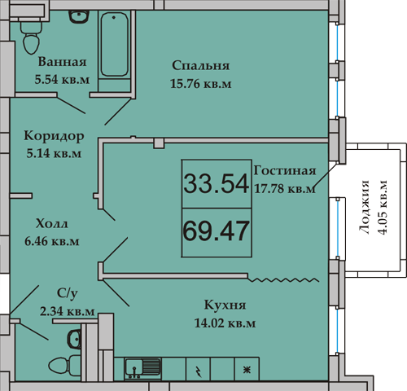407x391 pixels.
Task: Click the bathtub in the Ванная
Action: pyautogui.click(x=114, y=44)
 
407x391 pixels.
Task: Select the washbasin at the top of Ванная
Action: pyautogui.click(x=79, y=17)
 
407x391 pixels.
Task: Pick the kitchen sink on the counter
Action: pyautogui.click(x=142, y=368)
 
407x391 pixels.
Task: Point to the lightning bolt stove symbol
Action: pyautogui.click(x=198, y=371)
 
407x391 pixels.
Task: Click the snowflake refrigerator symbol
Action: pyautogui.click(x=247, y=370)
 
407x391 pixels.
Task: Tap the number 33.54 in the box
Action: pyautogui.click(x=216, y=183)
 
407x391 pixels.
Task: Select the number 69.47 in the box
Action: pyautogui.click(x=216, y=231)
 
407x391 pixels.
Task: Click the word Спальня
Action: pyautogui.click(x=201, y=66)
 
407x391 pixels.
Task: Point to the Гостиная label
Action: pyautogui.click(x=285, y=171)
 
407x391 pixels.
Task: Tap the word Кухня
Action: pyautogui.click(x=225, y=305)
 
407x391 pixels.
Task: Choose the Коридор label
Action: pyautogui.click(x=54, y=136)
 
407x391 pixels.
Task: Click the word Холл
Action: pyautogui.click(x=51, y=224)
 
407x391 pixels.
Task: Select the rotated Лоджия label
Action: pyautogui.click(x=365, y=207)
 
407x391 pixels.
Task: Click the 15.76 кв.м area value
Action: pyautogui.click(x=201, y=84)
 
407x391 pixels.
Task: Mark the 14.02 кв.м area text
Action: pyautogui.click(x=225, y=323)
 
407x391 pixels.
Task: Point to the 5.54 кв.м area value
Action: pyautogui.click(x=62, y=79)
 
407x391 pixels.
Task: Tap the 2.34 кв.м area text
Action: pyautogui.click(x=68, y=311)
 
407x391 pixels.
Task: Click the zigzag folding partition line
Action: pyautogui.click(x=283, y=279)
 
